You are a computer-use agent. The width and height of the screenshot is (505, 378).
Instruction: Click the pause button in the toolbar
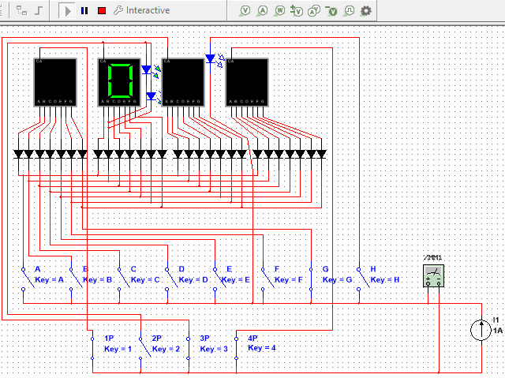coord(84,11)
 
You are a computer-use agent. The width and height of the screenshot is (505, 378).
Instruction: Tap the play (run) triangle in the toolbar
coord(68,11)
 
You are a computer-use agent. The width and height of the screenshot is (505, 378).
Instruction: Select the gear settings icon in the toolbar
coord(366,11)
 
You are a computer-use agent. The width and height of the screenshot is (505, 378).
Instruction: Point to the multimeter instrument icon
coord(433,275)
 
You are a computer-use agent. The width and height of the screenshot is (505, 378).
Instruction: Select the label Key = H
coord(385,279)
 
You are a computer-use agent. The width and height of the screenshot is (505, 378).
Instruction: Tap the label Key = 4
coord(262,348)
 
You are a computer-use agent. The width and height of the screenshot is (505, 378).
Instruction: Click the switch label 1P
coord(110,338)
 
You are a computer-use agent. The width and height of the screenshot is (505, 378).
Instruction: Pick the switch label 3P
coord(204,338)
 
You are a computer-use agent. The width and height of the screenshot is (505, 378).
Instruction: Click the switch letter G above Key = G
coord(325,269)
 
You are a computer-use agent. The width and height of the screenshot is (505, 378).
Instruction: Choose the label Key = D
coord(193,279)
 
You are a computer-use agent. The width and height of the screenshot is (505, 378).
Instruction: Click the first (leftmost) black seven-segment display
coord(54,81)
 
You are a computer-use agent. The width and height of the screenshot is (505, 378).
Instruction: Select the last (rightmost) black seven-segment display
coord(247,81)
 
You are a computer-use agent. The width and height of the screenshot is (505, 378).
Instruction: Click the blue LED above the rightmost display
coord(210,58)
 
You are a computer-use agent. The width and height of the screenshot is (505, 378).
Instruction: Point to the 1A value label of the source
coord(498,331)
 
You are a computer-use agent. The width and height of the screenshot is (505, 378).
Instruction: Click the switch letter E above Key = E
coord(229,269)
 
